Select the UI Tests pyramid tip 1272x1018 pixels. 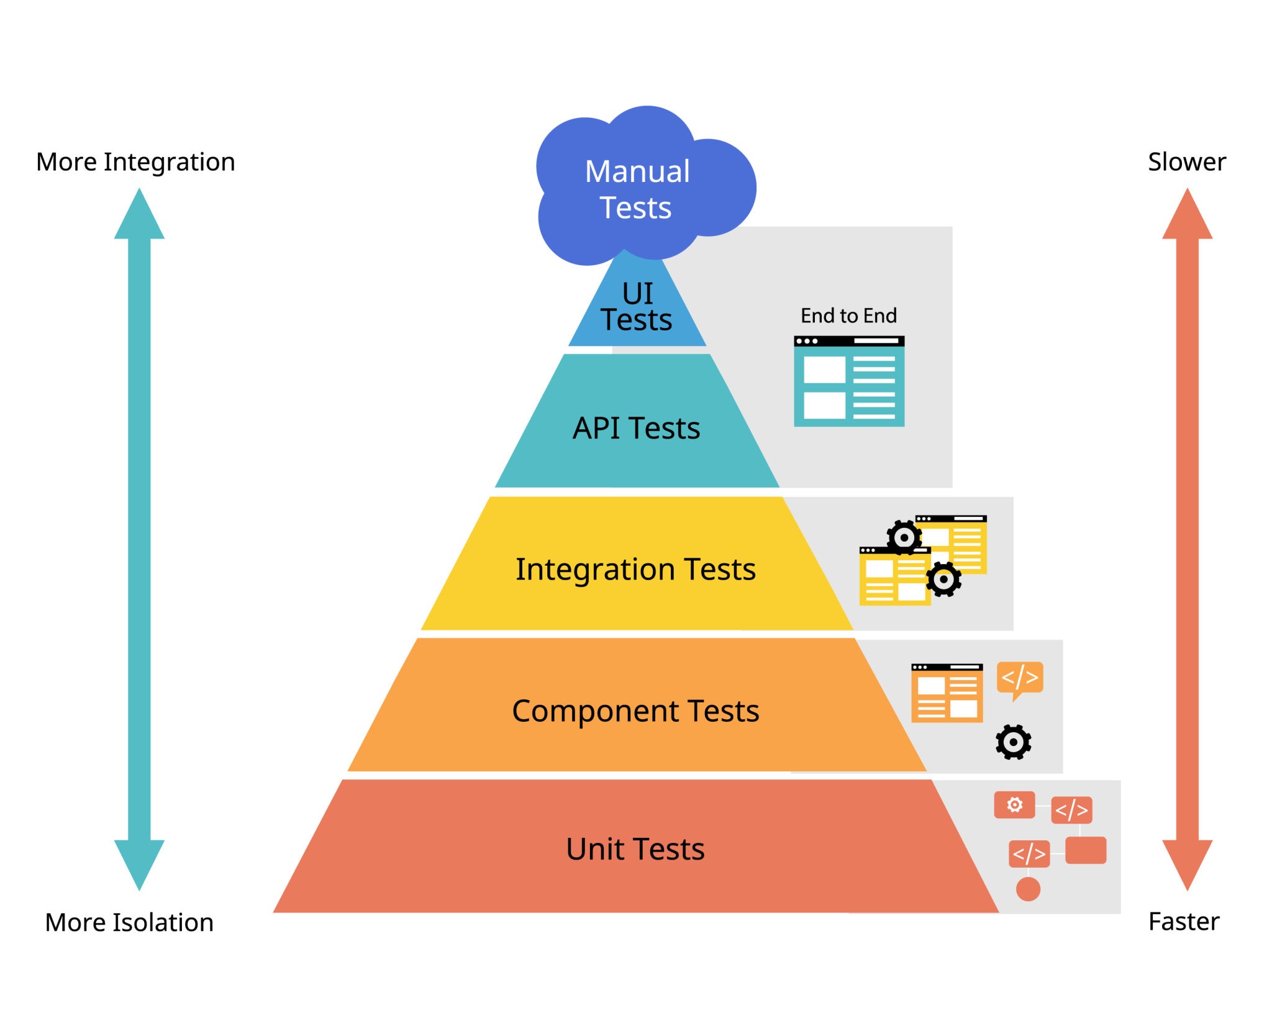(x=637, y=307)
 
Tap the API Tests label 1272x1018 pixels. (x=636, y=428)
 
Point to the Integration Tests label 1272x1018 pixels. (x=635, y=569)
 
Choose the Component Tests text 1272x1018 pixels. (x=635, y=711)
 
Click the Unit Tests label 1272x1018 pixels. (x=635, y=849)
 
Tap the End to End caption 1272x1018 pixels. (x=848, y=316)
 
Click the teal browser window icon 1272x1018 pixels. (x=848, y=381)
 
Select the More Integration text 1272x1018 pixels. (x=135, y=162)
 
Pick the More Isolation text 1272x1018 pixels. (x=129, y=922)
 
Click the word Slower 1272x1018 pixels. (x=1186, y=162)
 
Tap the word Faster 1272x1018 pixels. (x=1184, y=921)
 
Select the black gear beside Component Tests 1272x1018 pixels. (x=1013, y=742)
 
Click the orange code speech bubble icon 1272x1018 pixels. (x=1020, y=678)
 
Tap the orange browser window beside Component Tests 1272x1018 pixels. (x=947, y=693)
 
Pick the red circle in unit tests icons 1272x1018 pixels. (x=1028, y=889)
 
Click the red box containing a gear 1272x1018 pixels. (x=1014, y=805)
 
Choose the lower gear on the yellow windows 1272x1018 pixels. (x=943, y=579)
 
